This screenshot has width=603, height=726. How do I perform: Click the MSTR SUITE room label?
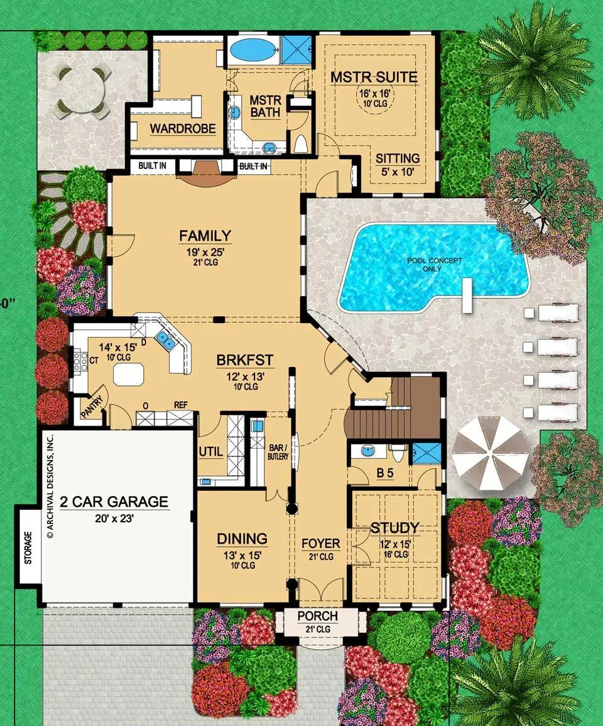pos(374,77)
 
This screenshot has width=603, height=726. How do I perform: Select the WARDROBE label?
pos(183,128)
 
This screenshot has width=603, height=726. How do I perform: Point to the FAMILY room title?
pos(205,236)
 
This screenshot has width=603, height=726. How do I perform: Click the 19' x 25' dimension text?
pos(205,252)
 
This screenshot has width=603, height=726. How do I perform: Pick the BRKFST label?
pos(245,360)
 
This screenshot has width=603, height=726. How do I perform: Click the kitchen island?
pos(129,375)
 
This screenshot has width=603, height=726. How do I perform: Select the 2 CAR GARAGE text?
pos(114,502)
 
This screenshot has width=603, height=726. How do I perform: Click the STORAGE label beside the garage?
pos(28,547)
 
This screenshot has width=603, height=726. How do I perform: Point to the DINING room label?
pos(242,539)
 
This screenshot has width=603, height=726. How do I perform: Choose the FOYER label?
pos(321,544)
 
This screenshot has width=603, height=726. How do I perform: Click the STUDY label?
pos(394,527)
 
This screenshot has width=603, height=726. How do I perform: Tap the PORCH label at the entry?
pos(317,616)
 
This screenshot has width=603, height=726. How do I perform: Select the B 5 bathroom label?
pos(384,473)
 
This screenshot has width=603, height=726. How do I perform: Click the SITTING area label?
pos(398,158)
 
